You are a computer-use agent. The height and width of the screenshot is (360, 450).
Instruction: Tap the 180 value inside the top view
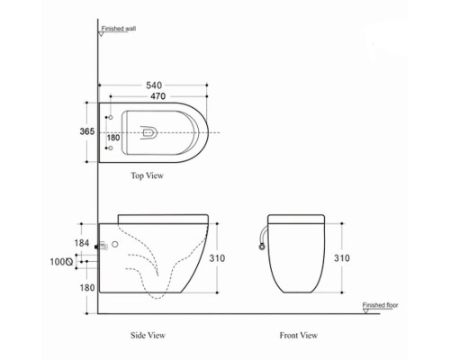coord(112,138)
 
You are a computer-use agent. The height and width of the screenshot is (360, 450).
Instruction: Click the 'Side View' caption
coord(147,335)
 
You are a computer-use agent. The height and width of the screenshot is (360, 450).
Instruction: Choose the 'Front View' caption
coord(299,335)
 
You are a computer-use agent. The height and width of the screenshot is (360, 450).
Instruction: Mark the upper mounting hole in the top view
coord(110,118)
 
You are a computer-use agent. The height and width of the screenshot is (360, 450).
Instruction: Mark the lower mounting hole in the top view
coord(110,149)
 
